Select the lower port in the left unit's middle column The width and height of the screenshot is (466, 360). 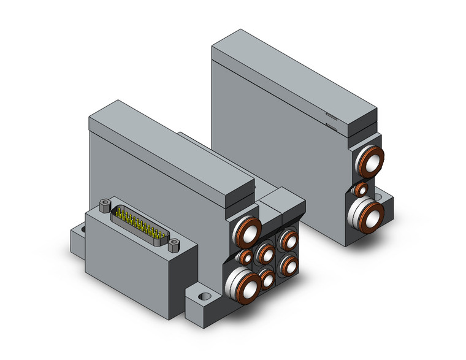click(x=267, y=278)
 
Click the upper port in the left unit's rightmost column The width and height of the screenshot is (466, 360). click(x=288, y=239)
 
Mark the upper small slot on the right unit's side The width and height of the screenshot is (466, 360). click(x=331, y=116)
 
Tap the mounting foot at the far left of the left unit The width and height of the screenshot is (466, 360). click(x=76, y=231)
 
